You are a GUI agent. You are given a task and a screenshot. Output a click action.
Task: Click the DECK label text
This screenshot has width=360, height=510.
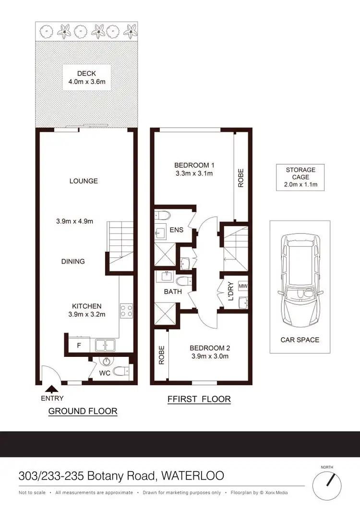click(x=86, y=73)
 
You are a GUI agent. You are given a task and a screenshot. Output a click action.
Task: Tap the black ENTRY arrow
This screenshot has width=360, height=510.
click(x=52, y=389)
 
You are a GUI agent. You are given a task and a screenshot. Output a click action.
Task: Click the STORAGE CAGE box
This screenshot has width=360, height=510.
click(x=300, y=177)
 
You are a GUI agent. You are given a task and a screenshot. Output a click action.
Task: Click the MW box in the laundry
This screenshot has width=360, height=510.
click(x=242, y=285)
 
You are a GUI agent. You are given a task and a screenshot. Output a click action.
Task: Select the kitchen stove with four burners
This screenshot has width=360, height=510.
click(x=126, y=310)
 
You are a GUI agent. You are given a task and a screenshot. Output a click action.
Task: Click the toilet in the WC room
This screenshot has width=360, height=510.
click(x=124, y=370)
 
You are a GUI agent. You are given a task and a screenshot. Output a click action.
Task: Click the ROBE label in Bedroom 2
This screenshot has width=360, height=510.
click(x=162, y=355)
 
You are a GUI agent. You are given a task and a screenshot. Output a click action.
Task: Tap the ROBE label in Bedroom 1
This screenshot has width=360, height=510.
click(x=241, y=178)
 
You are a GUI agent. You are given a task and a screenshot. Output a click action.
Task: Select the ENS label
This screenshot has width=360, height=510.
click(x=176, y=230)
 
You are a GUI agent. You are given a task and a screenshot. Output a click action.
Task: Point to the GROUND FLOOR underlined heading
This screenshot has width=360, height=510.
click(x=83, y=411)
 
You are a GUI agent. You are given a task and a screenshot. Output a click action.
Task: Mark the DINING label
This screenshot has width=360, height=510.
click(x=73, y=261)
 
